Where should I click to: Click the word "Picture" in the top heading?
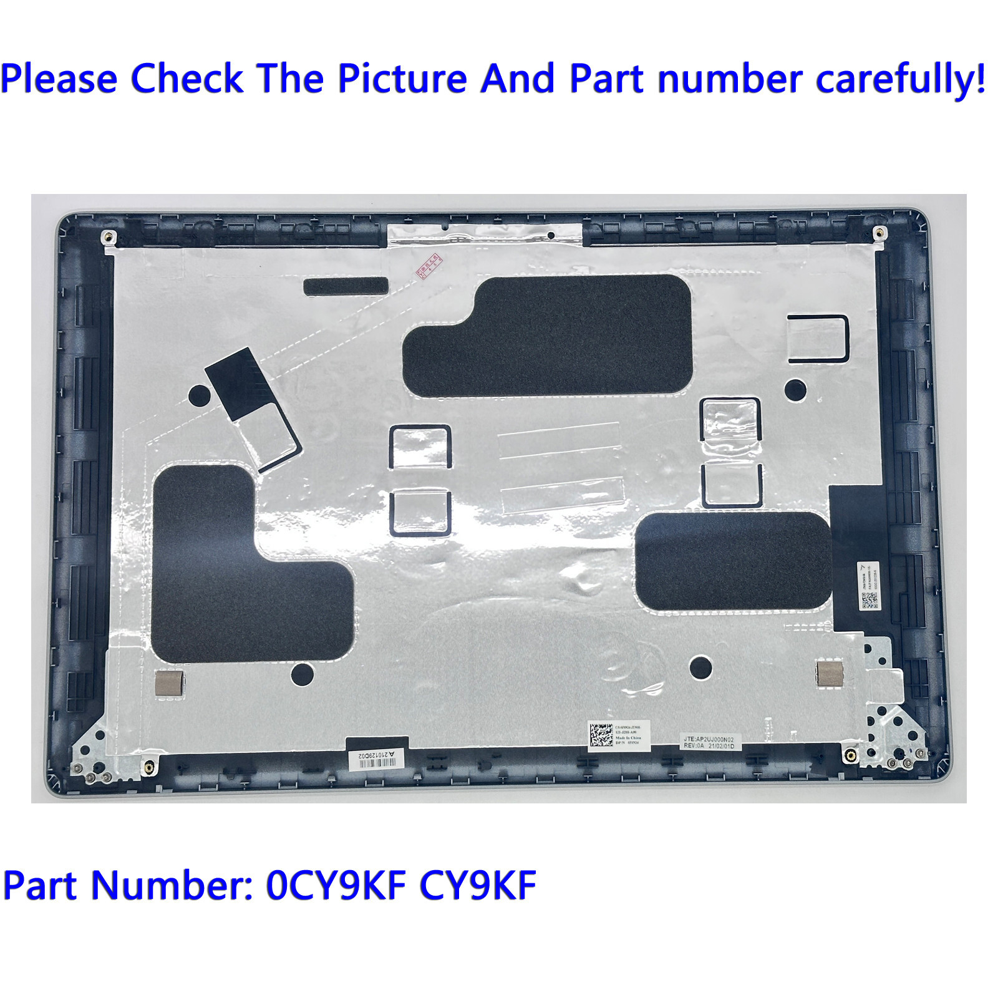pyautogui.click(x=402, y=79)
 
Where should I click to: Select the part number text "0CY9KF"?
pyautogui.click(x=336, y=885)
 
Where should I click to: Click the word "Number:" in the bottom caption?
pyautogui.click(x=172, y=885)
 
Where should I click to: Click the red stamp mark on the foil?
pyautogui.click(x=429, y=265)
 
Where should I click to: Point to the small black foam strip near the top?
pyautogui.click(x=346, y=286)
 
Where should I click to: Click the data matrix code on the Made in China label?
pyautogui.click(x=601, y=735)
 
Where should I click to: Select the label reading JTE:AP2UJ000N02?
pyautogui.click(x=709, y=742)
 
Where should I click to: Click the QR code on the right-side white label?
pyautogui.click(x=870, y=600)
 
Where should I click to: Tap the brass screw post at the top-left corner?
pyautogui.click(x=108, y=237)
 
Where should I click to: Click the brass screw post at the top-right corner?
pyautogui.click(x=878, y=233)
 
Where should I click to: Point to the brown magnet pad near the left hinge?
pyautogui.click(x=169, y=684)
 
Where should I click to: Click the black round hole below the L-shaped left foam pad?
pyautogui.click(x=303, y=674)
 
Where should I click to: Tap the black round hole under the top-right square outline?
pyautogui.click(x=795, y=390)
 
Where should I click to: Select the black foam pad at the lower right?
pyautogui.click(x=733, y=561)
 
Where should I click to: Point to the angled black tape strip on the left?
pyautogui.click(x=237, y=384)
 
